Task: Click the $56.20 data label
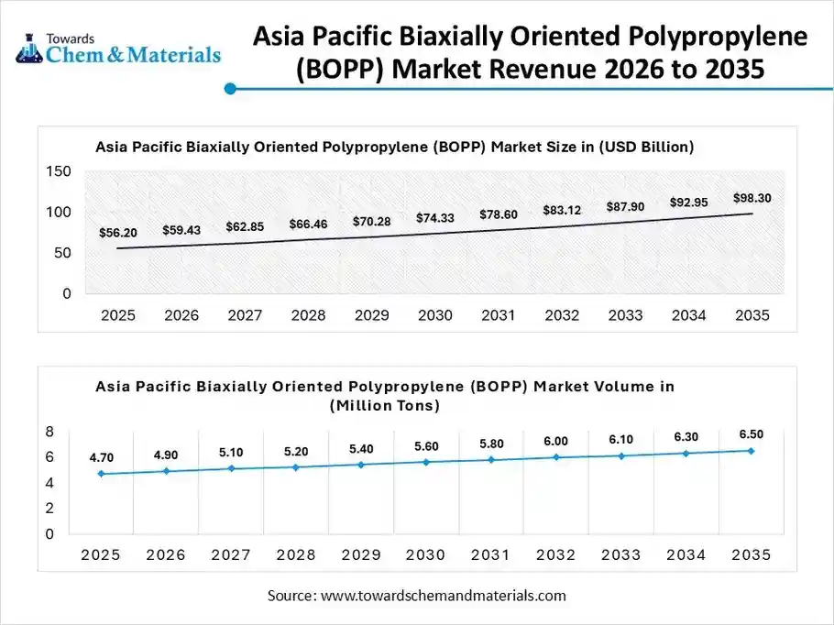[x=117, y=233]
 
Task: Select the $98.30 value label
[x=752, y=198]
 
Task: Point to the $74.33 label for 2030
[x=434, y=218]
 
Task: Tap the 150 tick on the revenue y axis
[x=59, y=171]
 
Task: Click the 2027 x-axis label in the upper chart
[x=245, y=315]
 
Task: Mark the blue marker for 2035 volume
[x=751, y=451]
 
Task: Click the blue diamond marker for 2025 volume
[x=101, y=474]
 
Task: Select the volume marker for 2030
[x=426, y=462]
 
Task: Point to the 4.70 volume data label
[x=101, y=457]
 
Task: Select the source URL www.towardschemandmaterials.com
[x=443, y=596]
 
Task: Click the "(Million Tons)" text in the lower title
[x=385, y=404]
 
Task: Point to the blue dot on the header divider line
[x=231, y=89]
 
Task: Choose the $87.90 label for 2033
[x=625, y=207]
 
